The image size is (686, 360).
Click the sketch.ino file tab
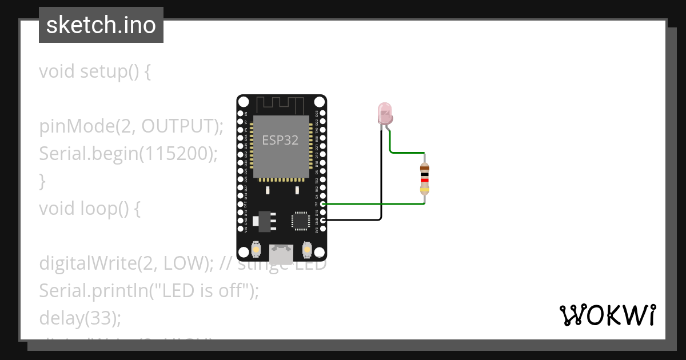[x=101, y=25]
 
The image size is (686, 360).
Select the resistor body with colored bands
[x=424, y=178]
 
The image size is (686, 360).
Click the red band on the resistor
[x=424, y=180]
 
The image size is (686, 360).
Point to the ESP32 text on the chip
[x=280, y=140]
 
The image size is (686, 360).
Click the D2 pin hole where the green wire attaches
[x=323, y=203]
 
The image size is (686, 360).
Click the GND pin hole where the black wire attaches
[x=323, y=220]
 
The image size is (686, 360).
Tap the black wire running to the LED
[x=381, y=183]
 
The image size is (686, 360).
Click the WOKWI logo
[x=607, y=315]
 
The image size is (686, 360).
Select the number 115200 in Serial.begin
[x=181, y=154]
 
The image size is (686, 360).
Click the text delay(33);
[x=80, y=318]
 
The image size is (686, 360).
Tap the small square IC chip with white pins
[x=301, y=221]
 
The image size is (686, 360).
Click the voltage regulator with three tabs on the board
[x=265, y=221]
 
